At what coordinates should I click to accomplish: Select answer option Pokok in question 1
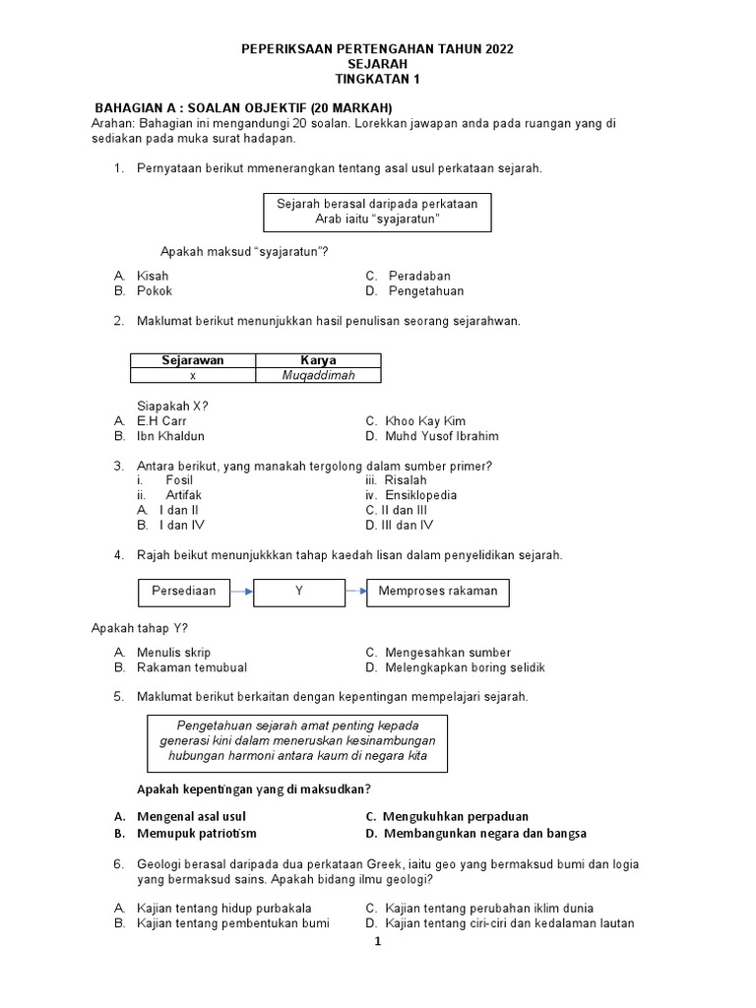pyautogui.click(x=155, y=291)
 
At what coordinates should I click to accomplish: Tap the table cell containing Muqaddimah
pyautogui.click(x=318, y=375)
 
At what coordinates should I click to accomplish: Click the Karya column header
pyautogui.click(x=318, y=360)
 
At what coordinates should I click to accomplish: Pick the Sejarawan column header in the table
pyautogui.click(x=193, y=360)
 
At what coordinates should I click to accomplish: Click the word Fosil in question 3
pyautogui.click(x=179, y=480)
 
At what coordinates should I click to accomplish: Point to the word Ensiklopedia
pyautogui.click(x=420, y=495)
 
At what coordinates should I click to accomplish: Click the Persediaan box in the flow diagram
pyautogui.click(x=183, y=592)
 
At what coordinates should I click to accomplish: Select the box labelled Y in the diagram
pyautogui.click(x=298, y=592)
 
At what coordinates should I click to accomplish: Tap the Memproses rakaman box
pyautogui.click(x=438, y=592)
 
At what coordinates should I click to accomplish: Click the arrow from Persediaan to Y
pyautogui.click(x=242, y=592)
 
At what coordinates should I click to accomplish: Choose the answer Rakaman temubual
pyautogui.click(x=192, y=667)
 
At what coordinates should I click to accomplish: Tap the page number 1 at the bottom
pyautogui.click(x=377, y=943)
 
